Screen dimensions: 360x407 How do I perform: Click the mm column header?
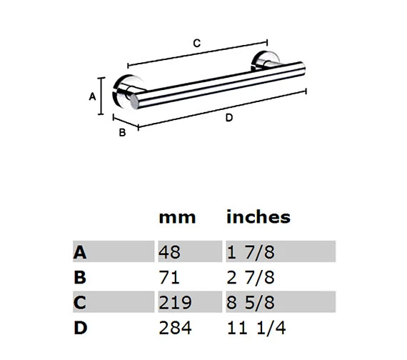(x=176, y=216)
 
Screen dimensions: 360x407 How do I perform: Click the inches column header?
(x=258, y=216)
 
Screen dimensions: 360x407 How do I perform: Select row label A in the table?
(x=80, y=251)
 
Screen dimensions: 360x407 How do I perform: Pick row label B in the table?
(x=80, y=276)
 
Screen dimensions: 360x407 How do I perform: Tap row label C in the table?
(x=80, y=302)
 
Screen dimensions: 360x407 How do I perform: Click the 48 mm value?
(x=171, y=251)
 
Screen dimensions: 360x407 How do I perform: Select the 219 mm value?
(x=176, y=302)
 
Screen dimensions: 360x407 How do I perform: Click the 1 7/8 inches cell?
(x=251, y=251)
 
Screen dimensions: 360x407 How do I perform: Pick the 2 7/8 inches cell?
(x=251, y=276)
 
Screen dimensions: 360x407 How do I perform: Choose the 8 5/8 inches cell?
(x=251, y=302)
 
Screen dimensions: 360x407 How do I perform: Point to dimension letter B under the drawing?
(x=122, y=132)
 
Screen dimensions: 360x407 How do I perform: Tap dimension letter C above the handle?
(x=197, y=43)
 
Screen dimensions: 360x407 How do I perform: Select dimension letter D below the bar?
(x=228, y=118)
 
